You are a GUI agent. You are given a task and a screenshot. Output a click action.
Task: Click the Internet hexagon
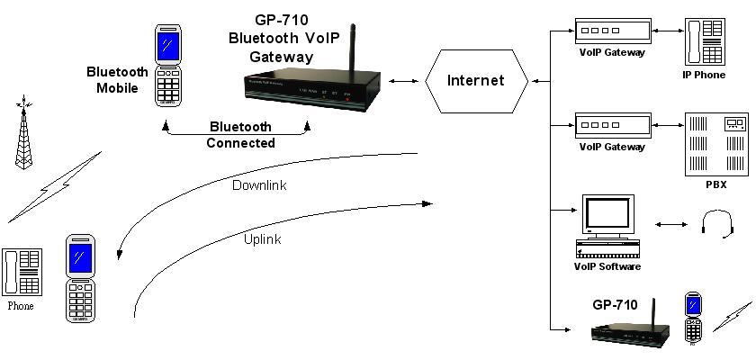(x=476, y=80)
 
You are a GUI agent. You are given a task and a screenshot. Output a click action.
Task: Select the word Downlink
(x=259, y=185)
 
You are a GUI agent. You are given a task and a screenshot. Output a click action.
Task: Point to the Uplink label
(x=262, y=238)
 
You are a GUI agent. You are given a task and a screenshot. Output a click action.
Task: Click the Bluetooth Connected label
(x=240, y=134)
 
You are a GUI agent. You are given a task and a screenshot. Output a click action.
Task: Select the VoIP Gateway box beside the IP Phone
(x=612, y=31)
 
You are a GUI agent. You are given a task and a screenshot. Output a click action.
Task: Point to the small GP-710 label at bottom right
(x=615, y=305)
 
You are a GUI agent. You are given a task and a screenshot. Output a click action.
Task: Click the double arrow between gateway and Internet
(x=407, y=81)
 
